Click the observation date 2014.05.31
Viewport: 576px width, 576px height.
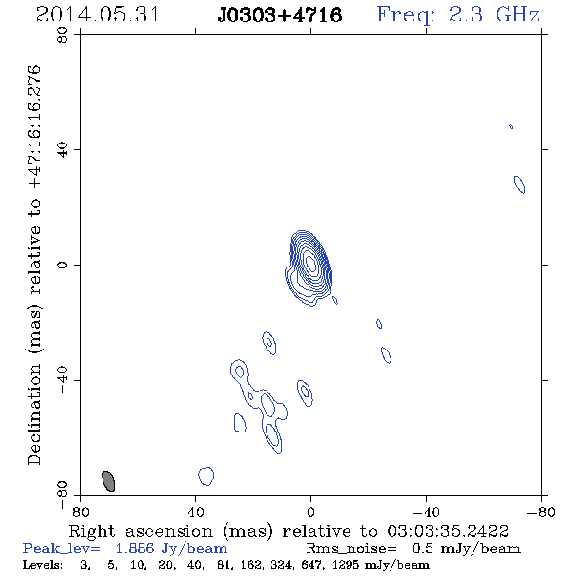point(98,15)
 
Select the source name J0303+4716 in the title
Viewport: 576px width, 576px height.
point(279,15)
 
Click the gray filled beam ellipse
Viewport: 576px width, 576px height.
point(108,481)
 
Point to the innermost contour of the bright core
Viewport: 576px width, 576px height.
point(311,264)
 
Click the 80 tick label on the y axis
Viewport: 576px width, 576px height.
point(62,35)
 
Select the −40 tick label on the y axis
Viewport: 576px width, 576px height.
point(62,380)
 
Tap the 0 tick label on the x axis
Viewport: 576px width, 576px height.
point(310,512)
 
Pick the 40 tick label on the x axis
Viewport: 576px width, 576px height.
point(195,512)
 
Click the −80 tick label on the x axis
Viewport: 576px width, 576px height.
point(540,512)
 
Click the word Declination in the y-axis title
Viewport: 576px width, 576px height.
point(34,414)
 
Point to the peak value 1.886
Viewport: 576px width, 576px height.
point(135,548)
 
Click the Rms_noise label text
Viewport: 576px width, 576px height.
point(351,548)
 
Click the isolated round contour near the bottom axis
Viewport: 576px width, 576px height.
point(206,476)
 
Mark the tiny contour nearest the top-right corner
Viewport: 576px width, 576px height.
point(511,126)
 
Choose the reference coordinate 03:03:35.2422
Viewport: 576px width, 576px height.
point(448,531)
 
